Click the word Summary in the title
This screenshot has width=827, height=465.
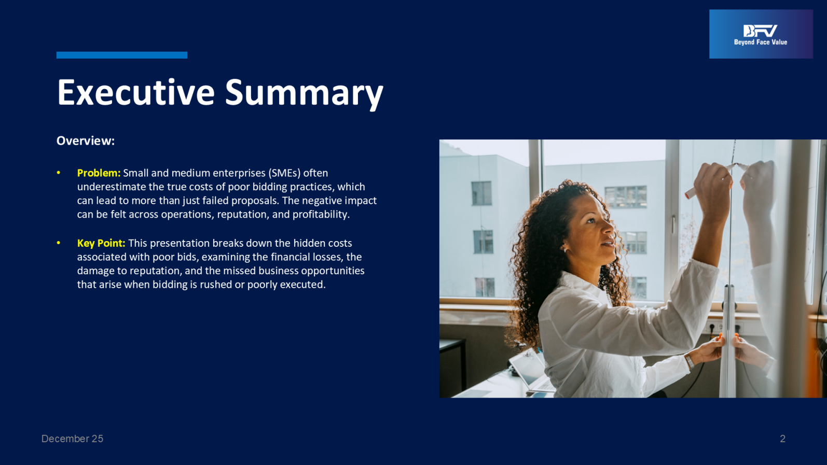coord(305,94)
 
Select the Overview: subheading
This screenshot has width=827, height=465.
coord(86,140)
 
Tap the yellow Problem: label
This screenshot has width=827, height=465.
coord(99,173)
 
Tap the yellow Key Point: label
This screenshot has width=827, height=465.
coord(101,243)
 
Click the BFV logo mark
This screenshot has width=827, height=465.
coord(760,31)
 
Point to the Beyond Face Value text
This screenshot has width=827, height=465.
coord(761,42)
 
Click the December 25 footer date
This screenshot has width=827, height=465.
coord(72,439)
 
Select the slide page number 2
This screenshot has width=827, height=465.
coord(783,439)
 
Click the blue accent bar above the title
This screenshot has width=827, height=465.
coord(122,55)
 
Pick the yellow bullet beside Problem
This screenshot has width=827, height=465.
coord(58,173)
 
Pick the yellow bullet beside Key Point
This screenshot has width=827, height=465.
coord(58,243)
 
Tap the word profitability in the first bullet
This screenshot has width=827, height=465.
coord(321,214)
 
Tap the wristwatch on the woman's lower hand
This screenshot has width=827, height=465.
coord(689,361)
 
